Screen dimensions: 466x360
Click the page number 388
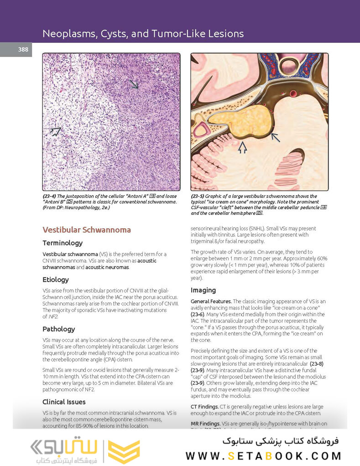pyautogui.click(x=23, y=50)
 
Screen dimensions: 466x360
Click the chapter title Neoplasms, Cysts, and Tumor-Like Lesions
pyautogui.click(x=143, y=33)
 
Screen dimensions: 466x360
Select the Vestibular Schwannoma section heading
pyautogui.click(x=87, y=230)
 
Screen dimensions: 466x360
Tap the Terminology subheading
pyautogui.click(x=63, y=243)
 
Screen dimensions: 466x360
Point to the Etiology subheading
pyautogui.click(x=56, y=279)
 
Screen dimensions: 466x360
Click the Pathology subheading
pyautogui.click(x=59, y=329)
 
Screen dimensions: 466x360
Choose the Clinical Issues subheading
pyautogui.click(x=64, y=402)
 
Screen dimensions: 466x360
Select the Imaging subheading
pyautogui.click(x=203, y=290)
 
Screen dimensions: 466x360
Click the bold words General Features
pyautogui.click(x=211, y=302)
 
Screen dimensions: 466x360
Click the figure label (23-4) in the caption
pyautogui.click(x=51, y=196)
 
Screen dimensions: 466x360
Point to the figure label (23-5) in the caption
pyautogui.click(x=199, y=196)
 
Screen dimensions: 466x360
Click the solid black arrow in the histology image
pyautogui.click(x=134, y=84)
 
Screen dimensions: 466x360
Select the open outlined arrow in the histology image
pyautogui.click(x=55, y=131)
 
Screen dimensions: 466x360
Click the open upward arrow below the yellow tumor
pyautogui.click(x=242, y=147)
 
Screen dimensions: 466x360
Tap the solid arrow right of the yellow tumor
pyautogui.click(x=275, y=137)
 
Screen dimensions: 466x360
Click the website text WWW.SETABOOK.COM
pyautogui.click(x=263, y=456)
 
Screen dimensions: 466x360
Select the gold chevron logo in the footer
pyautogui.click(x=124, y=452)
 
